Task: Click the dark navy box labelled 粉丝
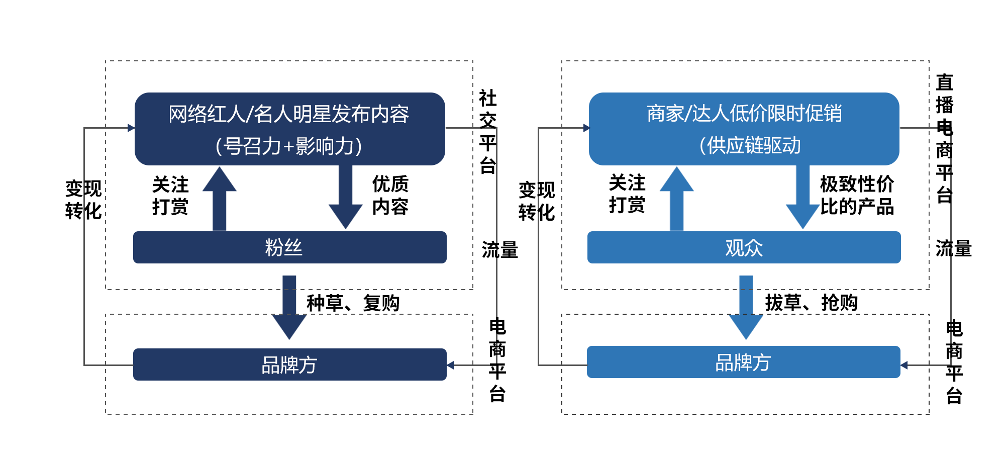pos(289,247)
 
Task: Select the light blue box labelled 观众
pos(744,247)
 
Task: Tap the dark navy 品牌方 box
pos(289,364)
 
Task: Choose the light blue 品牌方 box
pos(743,362)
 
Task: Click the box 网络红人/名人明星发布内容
pos(289,129)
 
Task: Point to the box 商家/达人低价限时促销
pos(744,129)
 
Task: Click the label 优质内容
pos(390,195)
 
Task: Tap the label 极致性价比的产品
pos(857,195)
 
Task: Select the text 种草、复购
pos(353,303)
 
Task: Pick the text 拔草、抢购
pos(811,303)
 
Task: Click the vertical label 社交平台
pos(487,132)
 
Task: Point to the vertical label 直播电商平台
pos(944,138)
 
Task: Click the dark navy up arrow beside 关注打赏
pos(220,200)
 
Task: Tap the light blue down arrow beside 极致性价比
pos(802,199)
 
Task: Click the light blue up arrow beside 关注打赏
pos(676,200)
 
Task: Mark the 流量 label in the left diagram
pos(499,250)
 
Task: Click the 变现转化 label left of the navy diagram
pos(83,200)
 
